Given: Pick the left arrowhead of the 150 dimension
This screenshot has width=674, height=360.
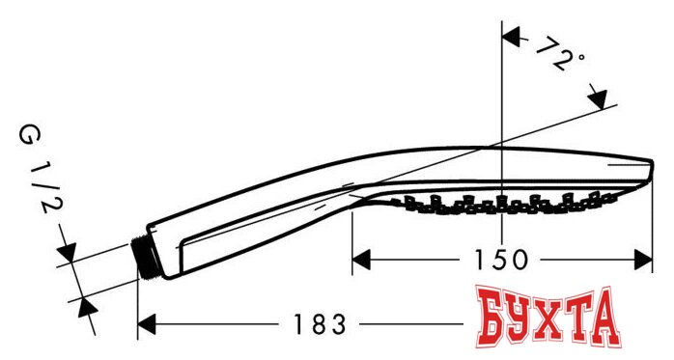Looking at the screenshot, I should tap(360, 259).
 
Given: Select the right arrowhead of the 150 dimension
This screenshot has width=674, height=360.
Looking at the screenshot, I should tap(645, 259).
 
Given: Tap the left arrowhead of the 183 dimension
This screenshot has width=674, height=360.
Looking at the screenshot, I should tap(147, 324).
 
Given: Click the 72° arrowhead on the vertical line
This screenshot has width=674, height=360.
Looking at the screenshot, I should tap(514, 40).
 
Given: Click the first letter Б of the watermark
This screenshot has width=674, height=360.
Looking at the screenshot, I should tap(491, 318).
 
